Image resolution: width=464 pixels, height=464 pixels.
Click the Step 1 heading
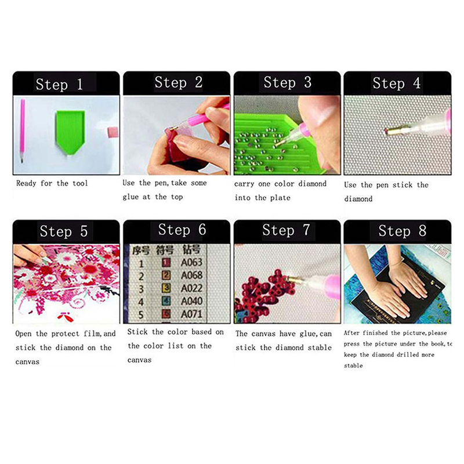coord(59,84)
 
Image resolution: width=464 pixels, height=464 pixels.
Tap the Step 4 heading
coord(397,83)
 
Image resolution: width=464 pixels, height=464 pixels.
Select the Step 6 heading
coord(182,230)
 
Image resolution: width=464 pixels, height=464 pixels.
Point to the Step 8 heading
coord(402,231)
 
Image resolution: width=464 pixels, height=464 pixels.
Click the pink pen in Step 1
coord(22,130)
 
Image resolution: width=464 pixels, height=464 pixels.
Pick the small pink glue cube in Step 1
coord(113,132)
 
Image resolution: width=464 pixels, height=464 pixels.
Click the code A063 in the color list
coord(191,262)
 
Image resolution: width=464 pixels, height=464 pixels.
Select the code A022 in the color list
coord(191,288)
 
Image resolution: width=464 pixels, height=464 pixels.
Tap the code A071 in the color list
coord(191,314)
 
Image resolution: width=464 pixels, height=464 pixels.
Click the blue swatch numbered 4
coord(166,301)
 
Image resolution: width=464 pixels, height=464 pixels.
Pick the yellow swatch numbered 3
coord(166,288)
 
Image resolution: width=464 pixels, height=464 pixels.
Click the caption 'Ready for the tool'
coord(52,183)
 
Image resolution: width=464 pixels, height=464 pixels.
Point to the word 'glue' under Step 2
coord(130,197)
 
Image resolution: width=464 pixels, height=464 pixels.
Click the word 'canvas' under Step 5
coord(27,362)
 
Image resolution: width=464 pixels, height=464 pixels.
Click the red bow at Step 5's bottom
coord(66,317)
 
